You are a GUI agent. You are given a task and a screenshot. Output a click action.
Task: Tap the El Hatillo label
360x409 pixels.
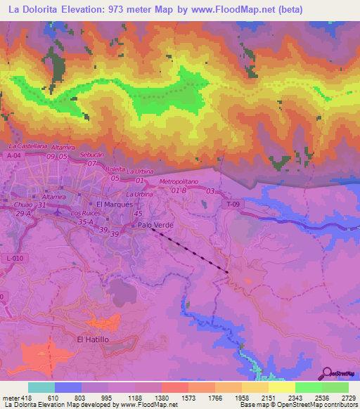[x=94, y=339]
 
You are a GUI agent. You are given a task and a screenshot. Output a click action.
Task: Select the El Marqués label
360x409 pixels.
[x=114, y=204]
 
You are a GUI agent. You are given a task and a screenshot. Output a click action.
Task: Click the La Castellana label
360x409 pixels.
[x=29, y=145]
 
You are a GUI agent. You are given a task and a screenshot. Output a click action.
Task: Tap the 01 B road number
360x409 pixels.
[x=180, y=190]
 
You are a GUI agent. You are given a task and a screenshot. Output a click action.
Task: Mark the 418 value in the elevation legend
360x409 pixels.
[x=25, y=398]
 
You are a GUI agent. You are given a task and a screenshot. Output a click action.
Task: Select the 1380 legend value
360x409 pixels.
[x=161, y=398]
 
